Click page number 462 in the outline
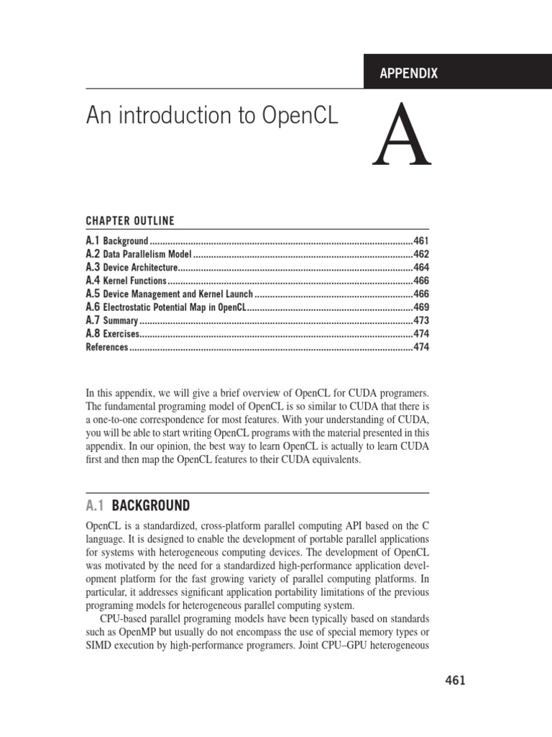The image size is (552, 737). point(420,254)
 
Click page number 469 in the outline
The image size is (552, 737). point(420,307)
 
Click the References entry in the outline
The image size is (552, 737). point(107,348)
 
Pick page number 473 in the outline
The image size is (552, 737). point(420,321)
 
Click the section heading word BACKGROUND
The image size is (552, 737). point(151,505)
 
